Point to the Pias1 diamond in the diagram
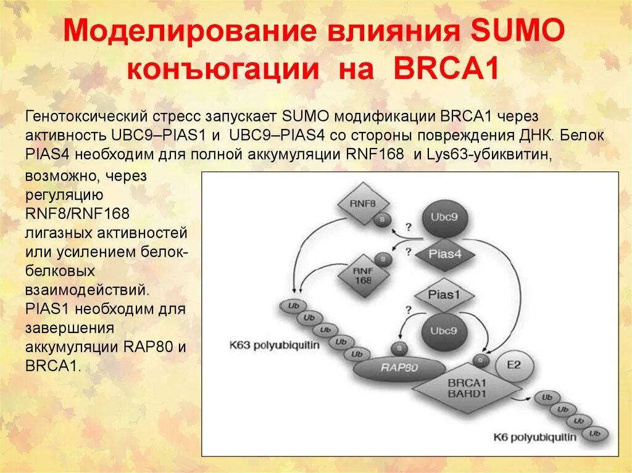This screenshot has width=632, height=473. pyautogui.click(x=444, y=295)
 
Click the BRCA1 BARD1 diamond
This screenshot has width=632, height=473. pyautogui.click(x=467, y=386)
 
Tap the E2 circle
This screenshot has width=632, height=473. pyautogui.click(x=513, y=364)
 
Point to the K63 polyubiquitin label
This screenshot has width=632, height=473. pyautogui.click(x=275, y=345)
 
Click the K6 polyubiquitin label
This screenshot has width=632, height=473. pyautogui.click(x=535, y=437)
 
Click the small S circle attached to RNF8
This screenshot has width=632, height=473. pyautogui.click(x=384, y=220)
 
